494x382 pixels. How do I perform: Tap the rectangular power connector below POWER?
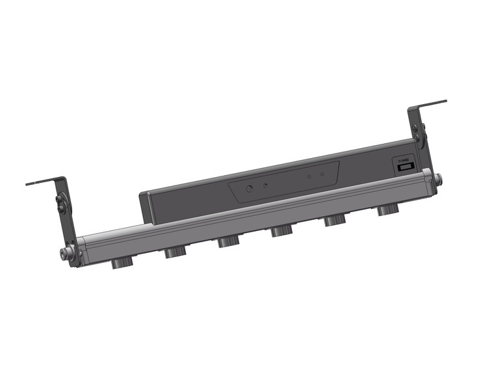pyautogui.click(x=405, y=167)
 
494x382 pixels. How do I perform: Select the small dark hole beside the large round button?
pyautogui.click(x=265, y=185)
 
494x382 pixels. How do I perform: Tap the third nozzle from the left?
pyautogui.click(x=227, y=241)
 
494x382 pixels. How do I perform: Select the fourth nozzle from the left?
pyautogui.click(x=281, y=231)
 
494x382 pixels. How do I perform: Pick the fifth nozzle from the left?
pyautogui.click(x=334, y=221)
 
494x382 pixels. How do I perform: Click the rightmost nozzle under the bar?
pyautogui.click(x=387, y=210)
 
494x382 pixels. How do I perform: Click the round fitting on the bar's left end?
pyautogui.click(x=66, y=253)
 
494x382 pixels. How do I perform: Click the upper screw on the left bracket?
pyautogui.click(x=60, y=199)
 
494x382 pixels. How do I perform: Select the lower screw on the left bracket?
pyautogui.click(x=62, y=208)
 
